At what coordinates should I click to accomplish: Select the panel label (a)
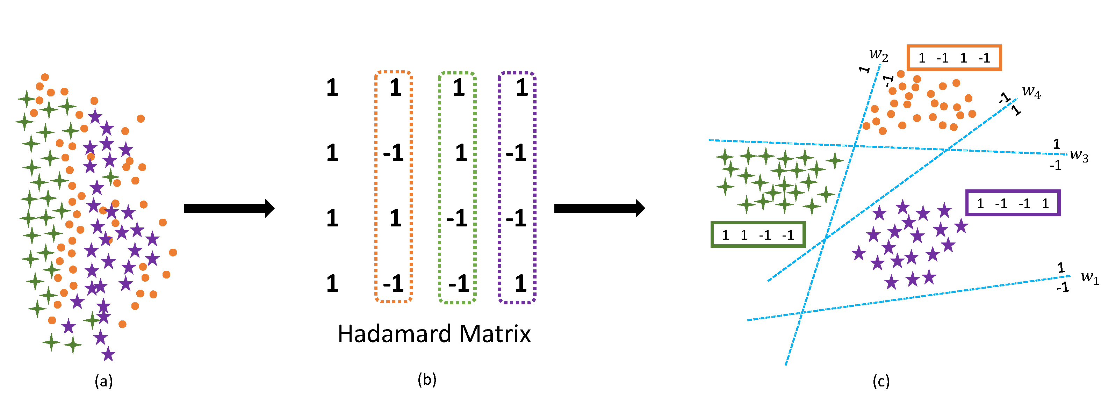104,381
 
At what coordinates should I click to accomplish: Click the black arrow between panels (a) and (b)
229,209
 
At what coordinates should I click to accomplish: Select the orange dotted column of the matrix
394,187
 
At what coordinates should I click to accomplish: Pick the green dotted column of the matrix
457,187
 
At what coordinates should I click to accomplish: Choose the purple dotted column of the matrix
517,187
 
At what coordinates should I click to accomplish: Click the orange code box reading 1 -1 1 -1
954,58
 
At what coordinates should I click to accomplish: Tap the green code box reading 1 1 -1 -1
758,234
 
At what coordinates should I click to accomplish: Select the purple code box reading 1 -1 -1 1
1013,203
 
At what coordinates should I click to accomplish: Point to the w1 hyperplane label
1089,278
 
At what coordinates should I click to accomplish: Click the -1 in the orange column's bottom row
393,283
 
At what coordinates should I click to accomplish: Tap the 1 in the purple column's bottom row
520,283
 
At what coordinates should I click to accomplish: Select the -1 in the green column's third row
457,218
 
